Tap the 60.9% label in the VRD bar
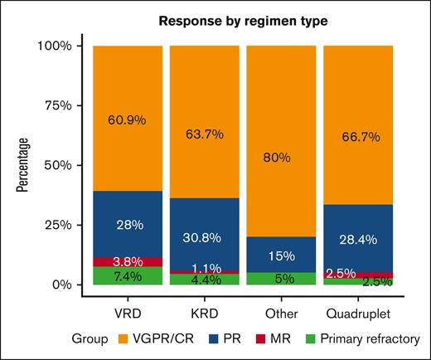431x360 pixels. coord(127,119)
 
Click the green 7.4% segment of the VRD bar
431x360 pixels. coord(127,276)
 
